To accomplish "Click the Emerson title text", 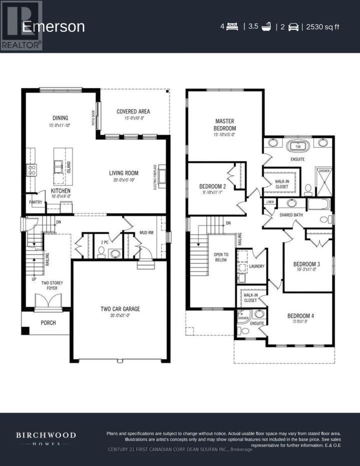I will [x=53, y=26].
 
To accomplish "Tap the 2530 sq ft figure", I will [x=322, y=26].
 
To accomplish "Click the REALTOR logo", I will [x=21, y=25].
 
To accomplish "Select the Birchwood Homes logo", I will [x=45, y=438].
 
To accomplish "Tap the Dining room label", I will [x=59, y=118].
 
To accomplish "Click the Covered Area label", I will [x=133, y=111].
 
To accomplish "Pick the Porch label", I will [x=48, y=322].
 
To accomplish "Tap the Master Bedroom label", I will [x=224, y=124].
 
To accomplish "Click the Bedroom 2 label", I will [x=213, y=186].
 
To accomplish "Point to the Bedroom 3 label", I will [x=306, y=264].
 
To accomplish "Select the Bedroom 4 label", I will [x=300, y=315].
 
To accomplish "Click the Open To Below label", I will [x=220, y=256].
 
